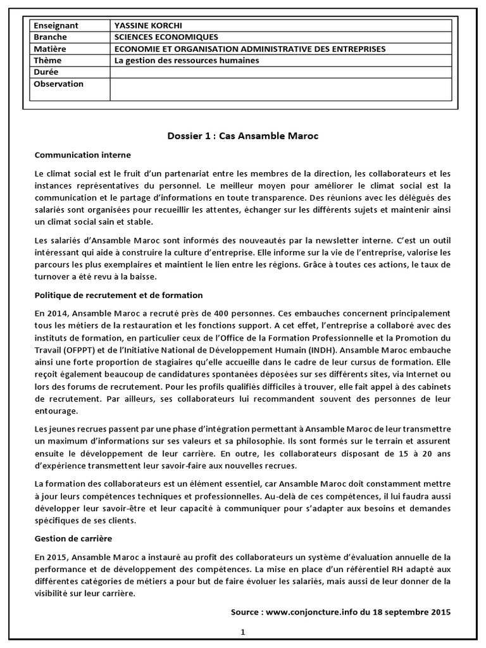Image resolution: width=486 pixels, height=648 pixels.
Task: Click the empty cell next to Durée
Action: pos(281,72)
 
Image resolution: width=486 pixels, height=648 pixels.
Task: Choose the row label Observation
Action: pos(58,84)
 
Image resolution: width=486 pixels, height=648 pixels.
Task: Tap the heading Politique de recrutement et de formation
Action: pos(118,295)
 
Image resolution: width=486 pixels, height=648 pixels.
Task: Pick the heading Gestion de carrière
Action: pos(73,538)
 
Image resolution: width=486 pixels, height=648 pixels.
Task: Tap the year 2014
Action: pos(56,314)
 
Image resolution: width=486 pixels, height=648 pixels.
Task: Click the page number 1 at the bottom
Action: pos(242,632)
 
